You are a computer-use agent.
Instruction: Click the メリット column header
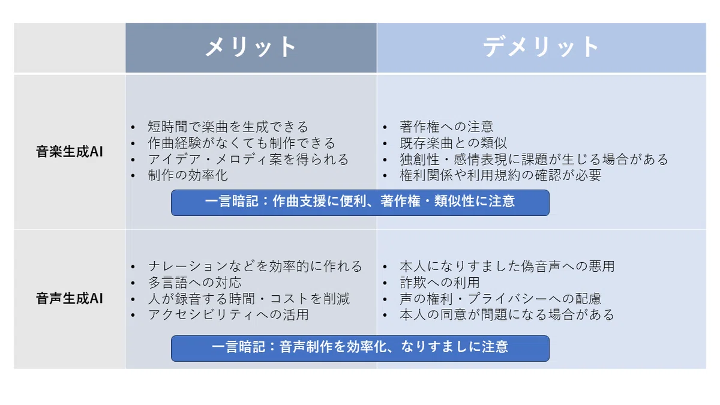(x=251, y=47)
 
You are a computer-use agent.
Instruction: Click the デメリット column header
(x=541, y=47)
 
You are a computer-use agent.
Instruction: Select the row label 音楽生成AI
(x=70, y=152)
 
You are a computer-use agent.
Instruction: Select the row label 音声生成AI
(x=70, y=298)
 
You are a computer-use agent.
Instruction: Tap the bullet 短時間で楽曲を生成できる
(x=228, y=127)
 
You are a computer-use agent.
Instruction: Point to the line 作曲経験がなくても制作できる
(x=241, y=143)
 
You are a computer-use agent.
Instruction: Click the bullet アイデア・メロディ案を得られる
(x=248, y=160)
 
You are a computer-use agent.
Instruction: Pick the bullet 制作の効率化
(x=188, y=175)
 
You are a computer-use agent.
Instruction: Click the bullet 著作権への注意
(x=446, y=127)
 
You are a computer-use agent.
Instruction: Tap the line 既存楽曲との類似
(x=453, y=143)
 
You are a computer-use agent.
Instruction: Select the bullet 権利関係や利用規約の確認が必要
(x=500, y=175)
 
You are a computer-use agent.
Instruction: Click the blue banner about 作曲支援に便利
(x=360, y=203)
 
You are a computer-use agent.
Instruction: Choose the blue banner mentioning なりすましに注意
(x=360, y=349)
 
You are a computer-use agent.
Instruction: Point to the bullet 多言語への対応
(x=194, y=283)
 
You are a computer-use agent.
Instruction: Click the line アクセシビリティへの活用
(x=228, y=314)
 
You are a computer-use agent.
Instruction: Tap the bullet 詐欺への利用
(x=440, y=283)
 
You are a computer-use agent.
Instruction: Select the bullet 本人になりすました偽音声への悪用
(x=507, y=266)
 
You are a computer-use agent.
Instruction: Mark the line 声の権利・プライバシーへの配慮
(x=500, y=299)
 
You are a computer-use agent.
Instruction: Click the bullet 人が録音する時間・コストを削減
(x=248, y=299)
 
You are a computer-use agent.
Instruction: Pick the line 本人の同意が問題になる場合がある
(x=507, y=314)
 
